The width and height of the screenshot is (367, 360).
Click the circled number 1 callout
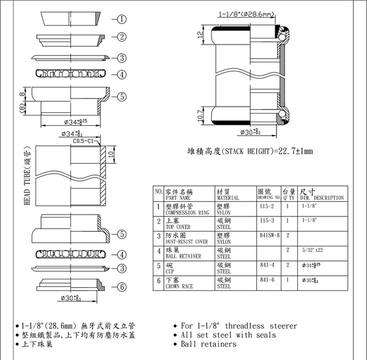(x=122, y=19)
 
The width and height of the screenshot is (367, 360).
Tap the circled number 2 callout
(x=122, y=37)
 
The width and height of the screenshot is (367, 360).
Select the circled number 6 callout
(x=122, y=287)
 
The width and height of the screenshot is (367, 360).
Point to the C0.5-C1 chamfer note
(x=85, y=141)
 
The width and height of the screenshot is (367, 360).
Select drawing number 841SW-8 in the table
(x=269, y=235)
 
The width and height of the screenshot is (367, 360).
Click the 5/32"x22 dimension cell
(x=314, y=249)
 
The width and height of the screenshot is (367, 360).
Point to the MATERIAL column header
(x=228, y=195)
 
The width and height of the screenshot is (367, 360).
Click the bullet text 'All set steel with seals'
(x=228, y=335)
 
